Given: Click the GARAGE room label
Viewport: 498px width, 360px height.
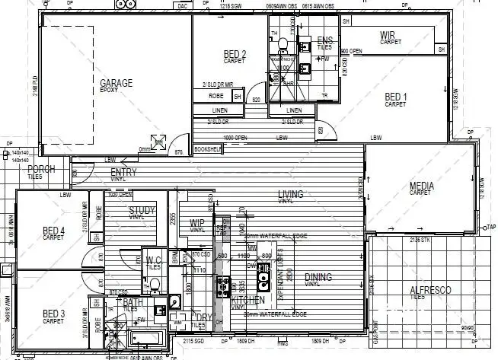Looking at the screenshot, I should pyautogui.click(x=116, y=83).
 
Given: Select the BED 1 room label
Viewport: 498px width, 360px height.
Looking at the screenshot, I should pyautogui.click(x=396, y=97).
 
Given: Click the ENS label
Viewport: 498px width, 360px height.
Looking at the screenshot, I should pyautogui.click(x=325, y=40).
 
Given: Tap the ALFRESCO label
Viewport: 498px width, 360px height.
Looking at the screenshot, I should pyautogui.click(x=430, y=291).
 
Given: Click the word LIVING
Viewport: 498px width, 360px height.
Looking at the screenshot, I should pyautogui.click(x=290, y=194).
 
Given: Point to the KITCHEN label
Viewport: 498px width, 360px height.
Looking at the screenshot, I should pyautogui.click(x=248, y=300).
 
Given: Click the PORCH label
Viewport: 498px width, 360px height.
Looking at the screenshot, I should pyautogui.click(x=41, y=169).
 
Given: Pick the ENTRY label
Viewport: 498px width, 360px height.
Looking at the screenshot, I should pyautogui.click(x=123, y=173).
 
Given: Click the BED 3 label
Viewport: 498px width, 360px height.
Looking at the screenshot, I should pyautogui.click(x=53, y=314).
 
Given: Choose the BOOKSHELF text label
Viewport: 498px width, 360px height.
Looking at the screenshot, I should pyautogui.click(x=207, y=150).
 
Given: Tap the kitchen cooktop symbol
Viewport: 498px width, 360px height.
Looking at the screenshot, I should pyautogui.click(x=225, y=287).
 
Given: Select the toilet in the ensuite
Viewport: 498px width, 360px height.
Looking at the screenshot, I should pyautogui.click(x=282, y=43).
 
